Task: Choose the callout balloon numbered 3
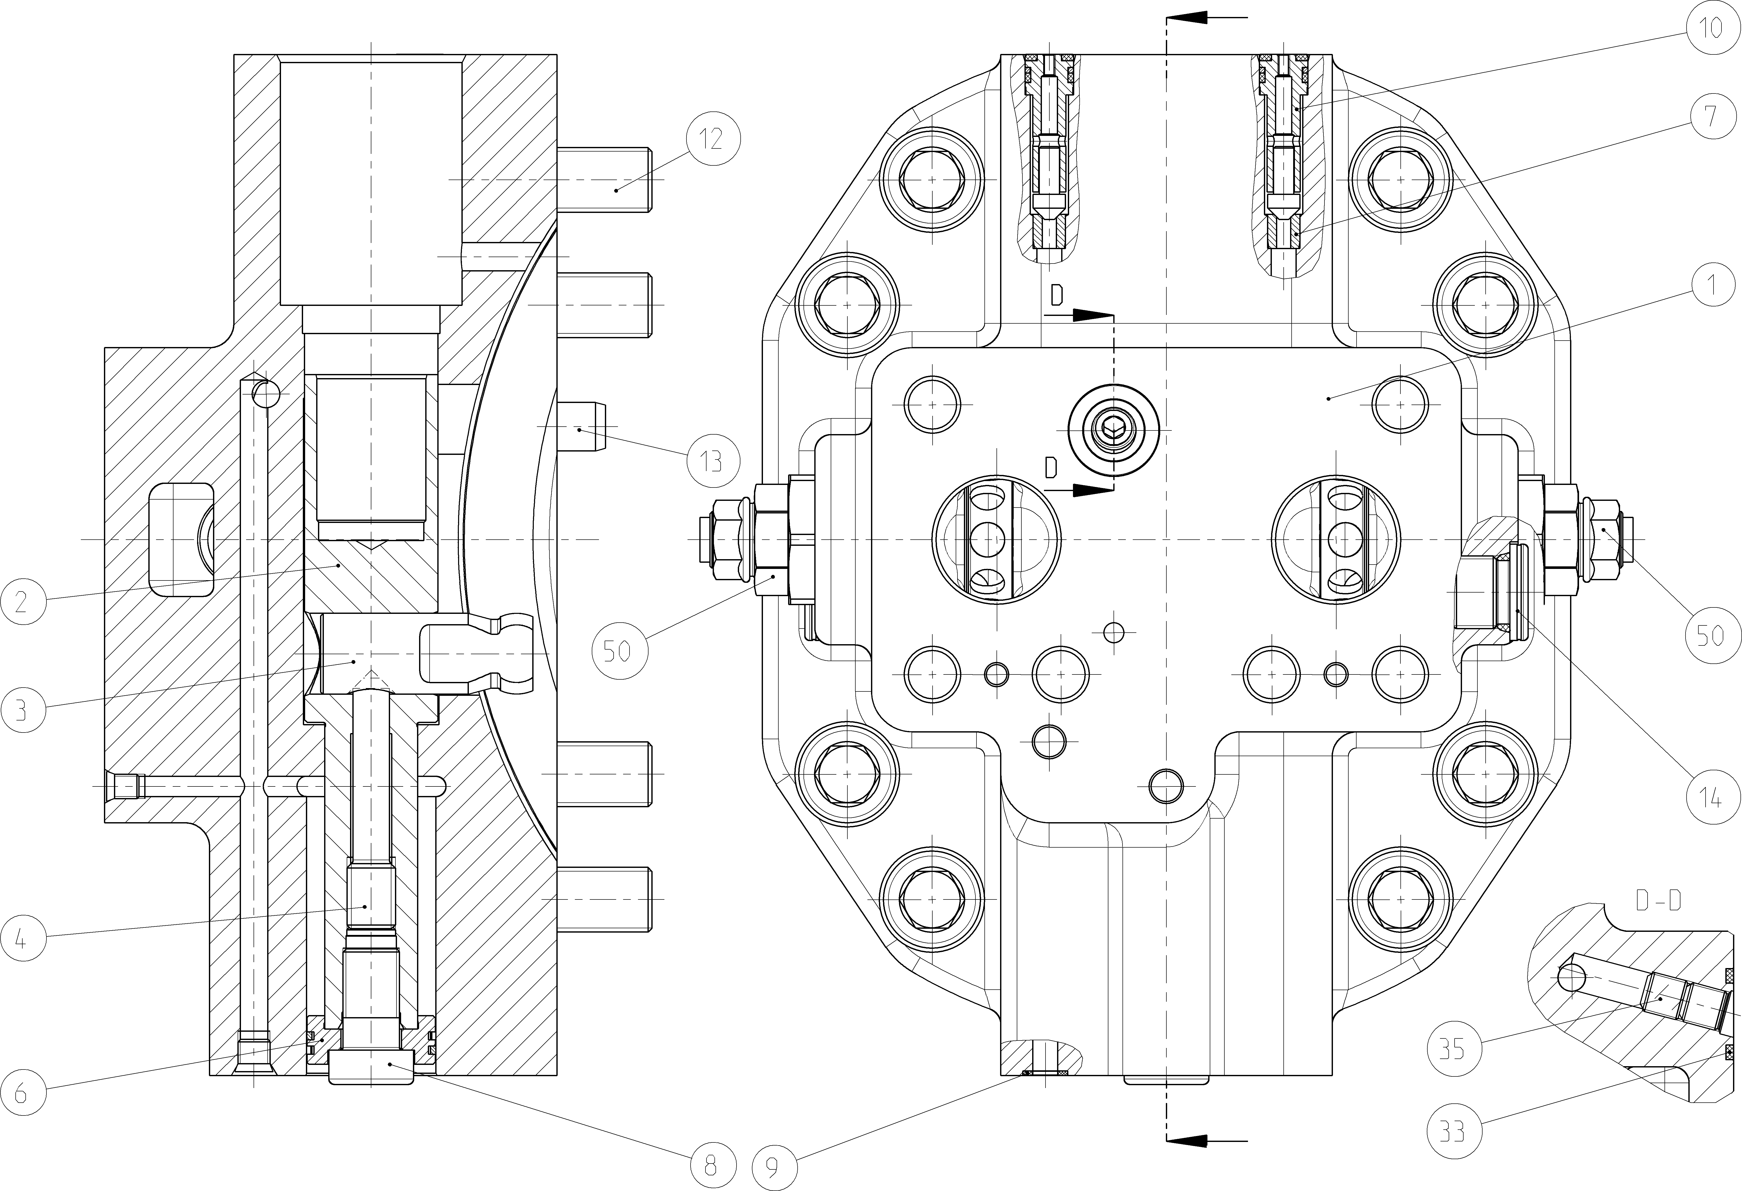(21, 709)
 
